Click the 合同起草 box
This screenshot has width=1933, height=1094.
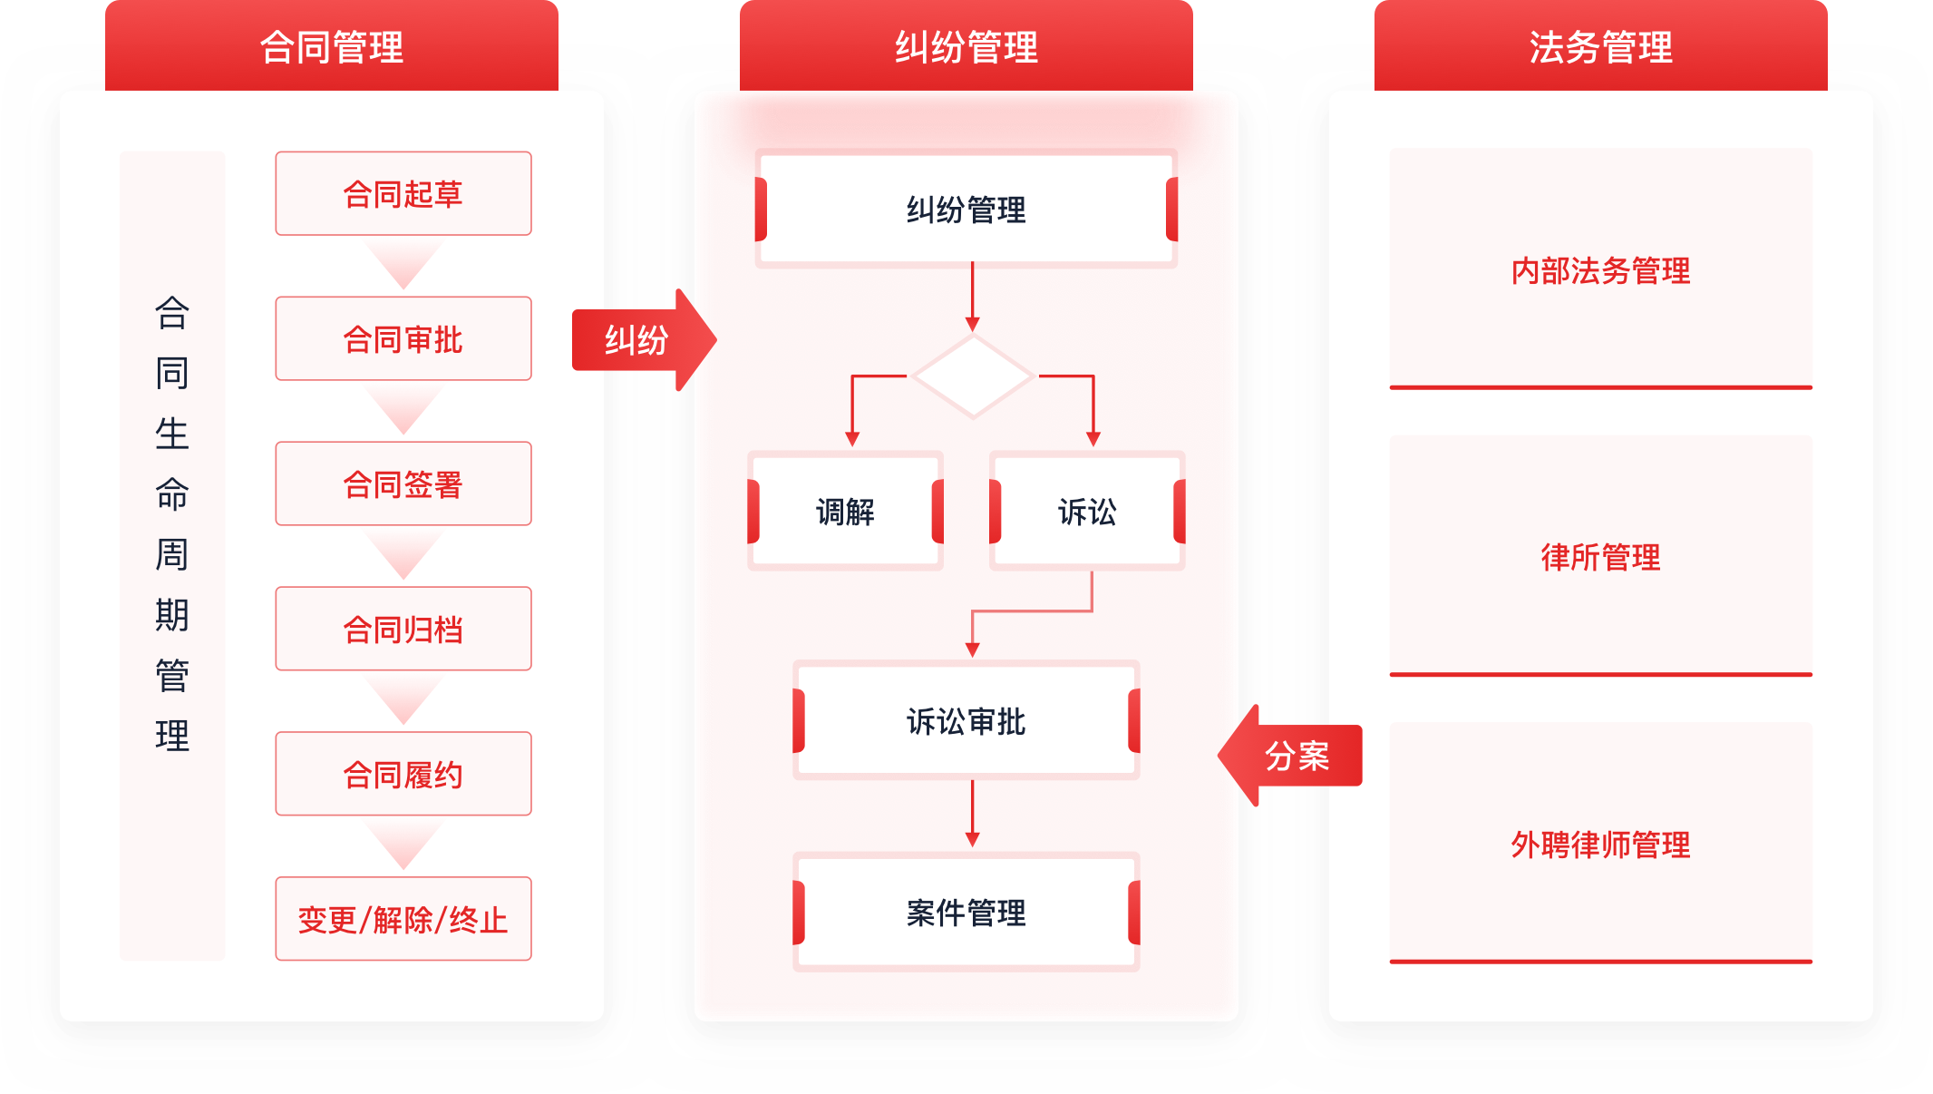point(403,194)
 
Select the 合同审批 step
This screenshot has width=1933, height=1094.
point(403,339)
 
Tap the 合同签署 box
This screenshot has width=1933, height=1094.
point(403,484)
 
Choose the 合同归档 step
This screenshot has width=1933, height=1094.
point(403,630)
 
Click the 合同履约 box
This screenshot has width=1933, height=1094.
point(403,775)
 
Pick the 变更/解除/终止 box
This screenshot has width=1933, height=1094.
point(403,920)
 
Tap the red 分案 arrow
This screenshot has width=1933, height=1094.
point(1292,756)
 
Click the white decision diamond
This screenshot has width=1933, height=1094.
point(973,376)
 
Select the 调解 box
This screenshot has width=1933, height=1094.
point(845,512)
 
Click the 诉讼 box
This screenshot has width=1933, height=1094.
point(1087,512)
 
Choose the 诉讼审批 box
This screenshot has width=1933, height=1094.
point(966,721)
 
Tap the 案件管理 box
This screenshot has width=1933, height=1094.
point(966,913)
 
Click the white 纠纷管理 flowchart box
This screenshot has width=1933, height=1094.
point(966,210)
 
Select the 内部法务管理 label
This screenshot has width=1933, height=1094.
point(1600,270)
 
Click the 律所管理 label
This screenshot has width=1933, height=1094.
point(1600,557)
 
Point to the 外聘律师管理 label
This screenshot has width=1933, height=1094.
point(1600,845)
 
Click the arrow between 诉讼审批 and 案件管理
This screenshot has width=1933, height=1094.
point(973,814)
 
